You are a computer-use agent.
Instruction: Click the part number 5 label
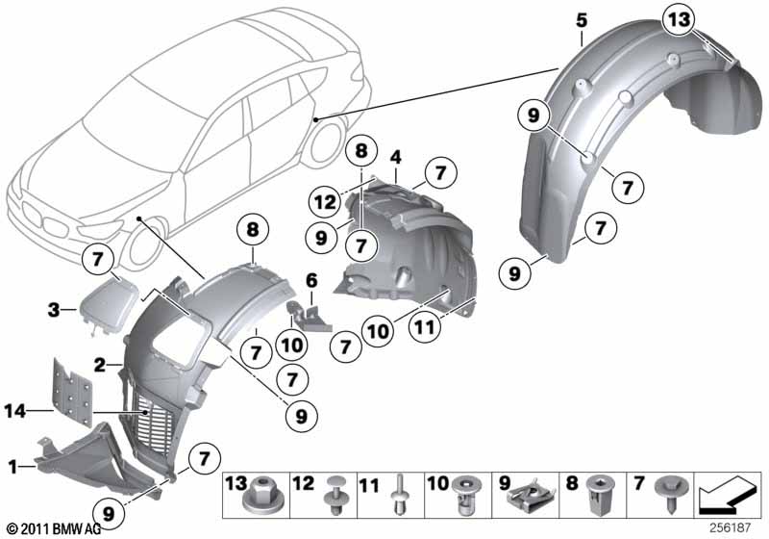(582, 15)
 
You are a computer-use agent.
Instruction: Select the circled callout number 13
(679, 18)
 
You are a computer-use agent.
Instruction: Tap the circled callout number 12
(323, 202)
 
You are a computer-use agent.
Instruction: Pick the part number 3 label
(56, 310)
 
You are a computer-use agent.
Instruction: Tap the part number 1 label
(12, 467)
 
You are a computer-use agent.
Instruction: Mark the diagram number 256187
(732, 529)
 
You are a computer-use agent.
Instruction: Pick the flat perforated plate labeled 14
(72, 395)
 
